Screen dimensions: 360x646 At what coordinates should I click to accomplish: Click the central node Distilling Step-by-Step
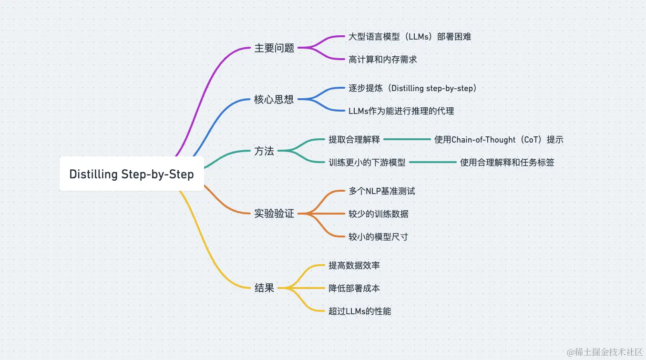pos(132,174)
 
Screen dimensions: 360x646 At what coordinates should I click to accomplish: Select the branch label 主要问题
pos(274,48)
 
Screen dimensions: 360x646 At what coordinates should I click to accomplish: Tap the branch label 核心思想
pos(274,100)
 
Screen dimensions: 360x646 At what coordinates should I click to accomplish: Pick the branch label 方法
pos(264,151)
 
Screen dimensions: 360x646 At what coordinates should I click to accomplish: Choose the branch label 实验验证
pos(274,214)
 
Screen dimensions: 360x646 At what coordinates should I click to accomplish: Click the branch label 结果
pos(264,288)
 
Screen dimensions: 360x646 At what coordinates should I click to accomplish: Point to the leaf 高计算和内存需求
pos(382,60)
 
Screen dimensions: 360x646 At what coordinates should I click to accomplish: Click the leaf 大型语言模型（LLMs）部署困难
pos(410,37)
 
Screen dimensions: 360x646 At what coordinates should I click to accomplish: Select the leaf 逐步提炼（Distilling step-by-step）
pos(413,88)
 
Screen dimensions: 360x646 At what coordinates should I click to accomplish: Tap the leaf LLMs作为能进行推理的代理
pos(401,111)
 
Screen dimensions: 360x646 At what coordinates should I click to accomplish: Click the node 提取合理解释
pos(354,140)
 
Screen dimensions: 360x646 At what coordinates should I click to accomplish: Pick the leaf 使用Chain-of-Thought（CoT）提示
pos(499,140)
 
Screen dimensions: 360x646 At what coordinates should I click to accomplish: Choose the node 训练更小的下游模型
pos(367,163)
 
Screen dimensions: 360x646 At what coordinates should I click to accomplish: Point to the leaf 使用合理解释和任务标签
pos(507,163)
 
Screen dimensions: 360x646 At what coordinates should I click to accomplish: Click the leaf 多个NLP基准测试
pos(381,191)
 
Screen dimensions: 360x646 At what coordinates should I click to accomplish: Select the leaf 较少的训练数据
pos(378,214)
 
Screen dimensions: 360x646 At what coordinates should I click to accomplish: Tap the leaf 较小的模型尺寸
pos(378,237)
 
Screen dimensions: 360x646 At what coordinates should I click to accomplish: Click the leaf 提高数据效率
pos(354,266)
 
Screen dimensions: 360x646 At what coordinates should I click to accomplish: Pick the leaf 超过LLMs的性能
pos(360,311)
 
